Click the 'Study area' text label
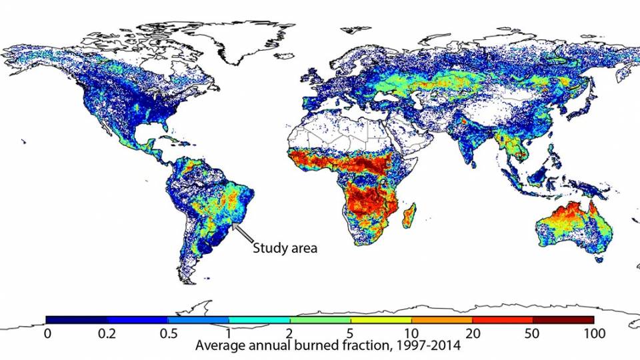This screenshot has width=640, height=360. click(x=284, y=249)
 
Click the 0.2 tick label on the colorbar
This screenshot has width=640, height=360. click(x=107, y=333)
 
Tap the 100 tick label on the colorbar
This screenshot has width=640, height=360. click(x=593, y=333)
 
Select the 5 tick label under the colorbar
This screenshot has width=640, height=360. click(x=350, y=333)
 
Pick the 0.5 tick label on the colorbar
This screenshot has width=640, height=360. click(x=168, y=333)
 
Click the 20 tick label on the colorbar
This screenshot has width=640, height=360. click(x=472, y=333)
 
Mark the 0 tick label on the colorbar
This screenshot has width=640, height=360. click(x=47, y=333)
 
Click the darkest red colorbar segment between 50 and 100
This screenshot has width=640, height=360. click(x=563, y=320)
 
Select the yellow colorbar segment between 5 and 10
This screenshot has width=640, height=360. click(x=381, y=320)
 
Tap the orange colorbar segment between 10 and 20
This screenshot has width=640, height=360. click(x=441, y=320)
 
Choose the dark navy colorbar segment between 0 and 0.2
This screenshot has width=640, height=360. click(x=77, y=320)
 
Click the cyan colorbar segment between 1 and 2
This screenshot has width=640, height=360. click(x=259, y=320)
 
